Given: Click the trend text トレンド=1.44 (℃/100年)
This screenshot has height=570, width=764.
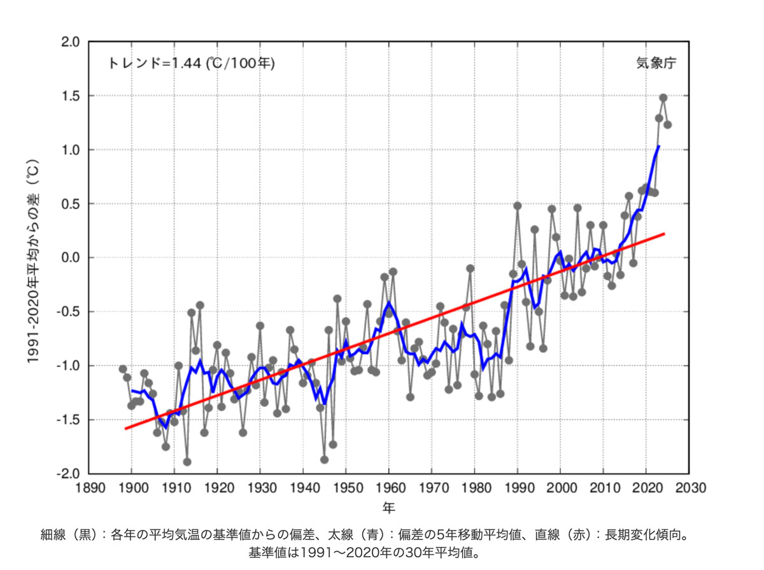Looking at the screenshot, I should (192, 63).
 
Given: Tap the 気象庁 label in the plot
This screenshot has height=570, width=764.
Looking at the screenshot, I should (656, 63).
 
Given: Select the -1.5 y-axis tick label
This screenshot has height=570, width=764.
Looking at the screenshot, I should (68, 420).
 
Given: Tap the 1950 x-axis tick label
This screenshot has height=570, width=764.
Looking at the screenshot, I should (346, 489).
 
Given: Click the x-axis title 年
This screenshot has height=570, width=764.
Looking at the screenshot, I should (389, 507).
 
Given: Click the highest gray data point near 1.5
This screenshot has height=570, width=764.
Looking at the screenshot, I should (663, 97).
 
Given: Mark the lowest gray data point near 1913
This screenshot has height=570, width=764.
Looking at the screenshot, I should (187, 462).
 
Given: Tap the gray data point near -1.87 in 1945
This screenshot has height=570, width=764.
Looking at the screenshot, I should (324, 459).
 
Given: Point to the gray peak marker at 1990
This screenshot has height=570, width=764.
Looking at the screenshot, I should (518, 206).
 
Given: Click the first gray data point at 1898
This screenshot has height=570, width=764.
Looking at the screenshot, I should (123, 369).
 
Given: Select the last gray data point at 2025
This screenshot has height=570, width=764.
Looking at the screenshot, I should (667, 125).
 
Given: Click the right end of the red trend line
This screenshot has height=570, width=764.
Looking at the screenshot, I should (664, 234).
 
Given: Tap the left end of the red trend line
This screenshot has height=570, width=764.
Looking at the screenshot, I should (126, 428).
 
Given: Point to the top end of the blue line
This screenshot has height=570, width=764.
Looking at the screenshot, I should (658, 146).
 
